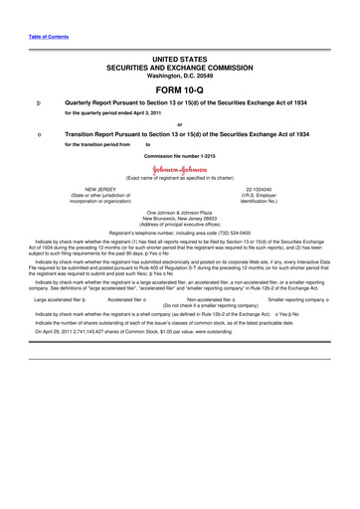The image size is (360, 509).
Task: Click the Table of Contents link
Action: pos(46,36)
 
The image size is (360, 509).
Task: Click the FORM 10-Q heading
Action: pos(180,89)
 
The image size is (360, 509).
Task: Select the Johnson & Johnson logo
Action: pos(179,168)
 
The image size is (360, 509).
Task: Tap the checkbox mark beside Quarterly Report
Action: pos(38,102)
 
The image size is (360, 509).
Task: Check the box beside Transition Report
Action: pos(38,132)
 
